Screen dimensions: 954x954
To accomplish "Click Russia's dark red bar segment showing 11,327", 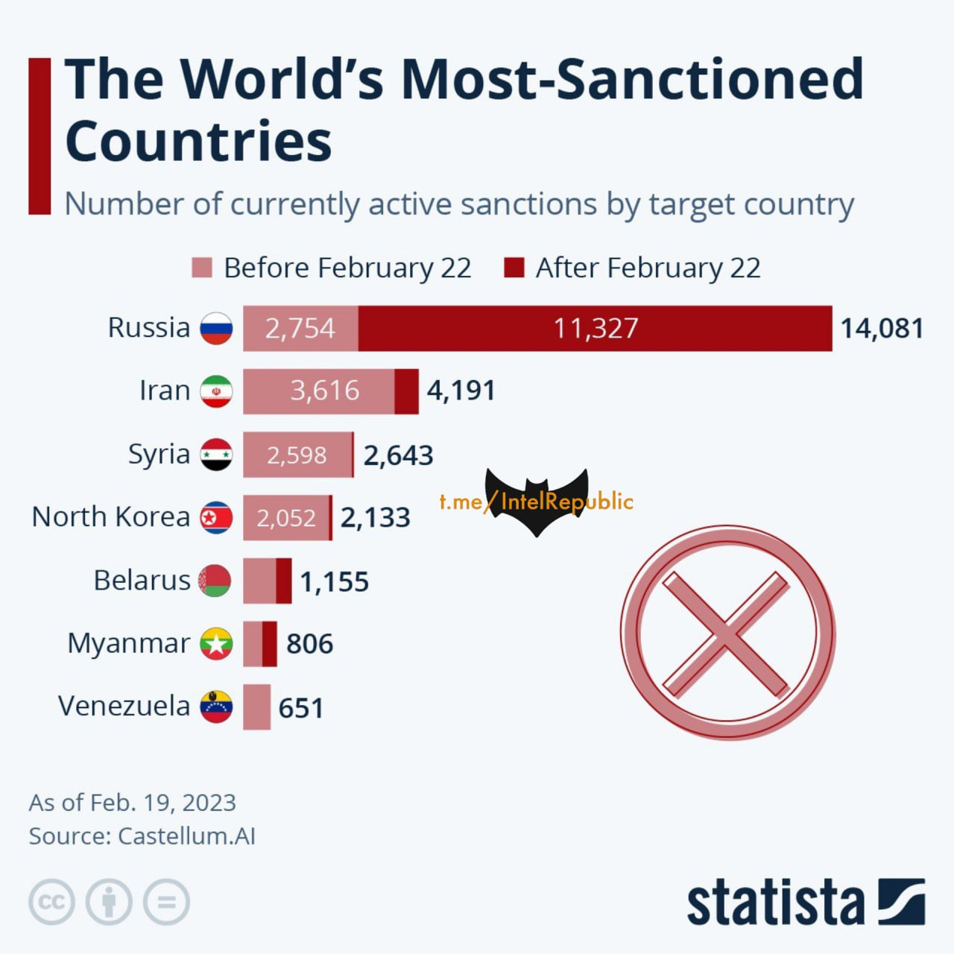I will pyautogui.click(x=595, y=328).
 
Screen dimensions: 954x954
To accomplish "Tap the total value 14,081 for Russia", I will pyautogui.click(x=882, y=328).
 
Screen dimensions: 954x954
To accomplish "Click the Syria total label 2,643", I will pyautogui.click(x=398, y=455).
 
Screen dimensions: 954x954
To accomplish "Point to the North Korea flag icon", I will pyautogui.click(x=216, y=517).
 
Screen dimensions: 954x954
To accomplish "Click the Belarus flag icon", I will pyautogui.click(x=216, y=581).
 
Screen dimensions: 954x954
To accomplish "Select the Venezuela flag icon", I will pyautogui.click(x=216, y=707).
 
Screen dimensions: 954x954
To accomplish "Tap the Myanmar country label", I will pyautogui.click(x=128, y=643).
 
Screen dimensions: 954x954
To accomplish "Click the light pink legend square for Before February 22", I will pyautogui.click(x=202, y=268).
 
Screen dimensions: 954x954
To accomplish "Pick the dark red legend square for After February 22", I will pyautogui.click(x=514, y=268).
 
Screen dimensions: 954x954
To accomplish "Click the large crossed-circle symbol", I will pyautogui.click(x=727, y=633).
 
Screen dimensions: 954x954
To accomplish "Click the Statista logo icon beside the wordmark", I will pyautogui.click(x=901, y=902).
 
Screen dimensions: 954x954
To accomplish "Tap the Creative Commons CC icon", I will pyautogui.click(x=51, y=902).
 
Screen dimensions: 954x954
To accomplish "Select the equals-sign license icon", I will pyautogui.click(x=166, y=902).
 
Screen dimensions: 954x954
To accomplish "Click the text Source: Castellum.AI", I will pyautogui.click(x=142, y=836).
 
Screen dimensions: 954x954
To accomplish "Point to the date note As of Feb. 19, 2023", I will pyautogui.click(x=132, y=803).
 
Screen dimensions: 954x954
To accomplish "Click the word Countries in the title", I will pyautogui.click(x=198, y=141).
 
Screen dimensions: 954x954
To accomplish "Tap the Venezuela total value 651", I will pyautogui.click(x=301, y=708).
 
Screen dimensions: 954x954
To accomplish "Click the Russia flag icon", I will pyautogui.click(x=216, y=328).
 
